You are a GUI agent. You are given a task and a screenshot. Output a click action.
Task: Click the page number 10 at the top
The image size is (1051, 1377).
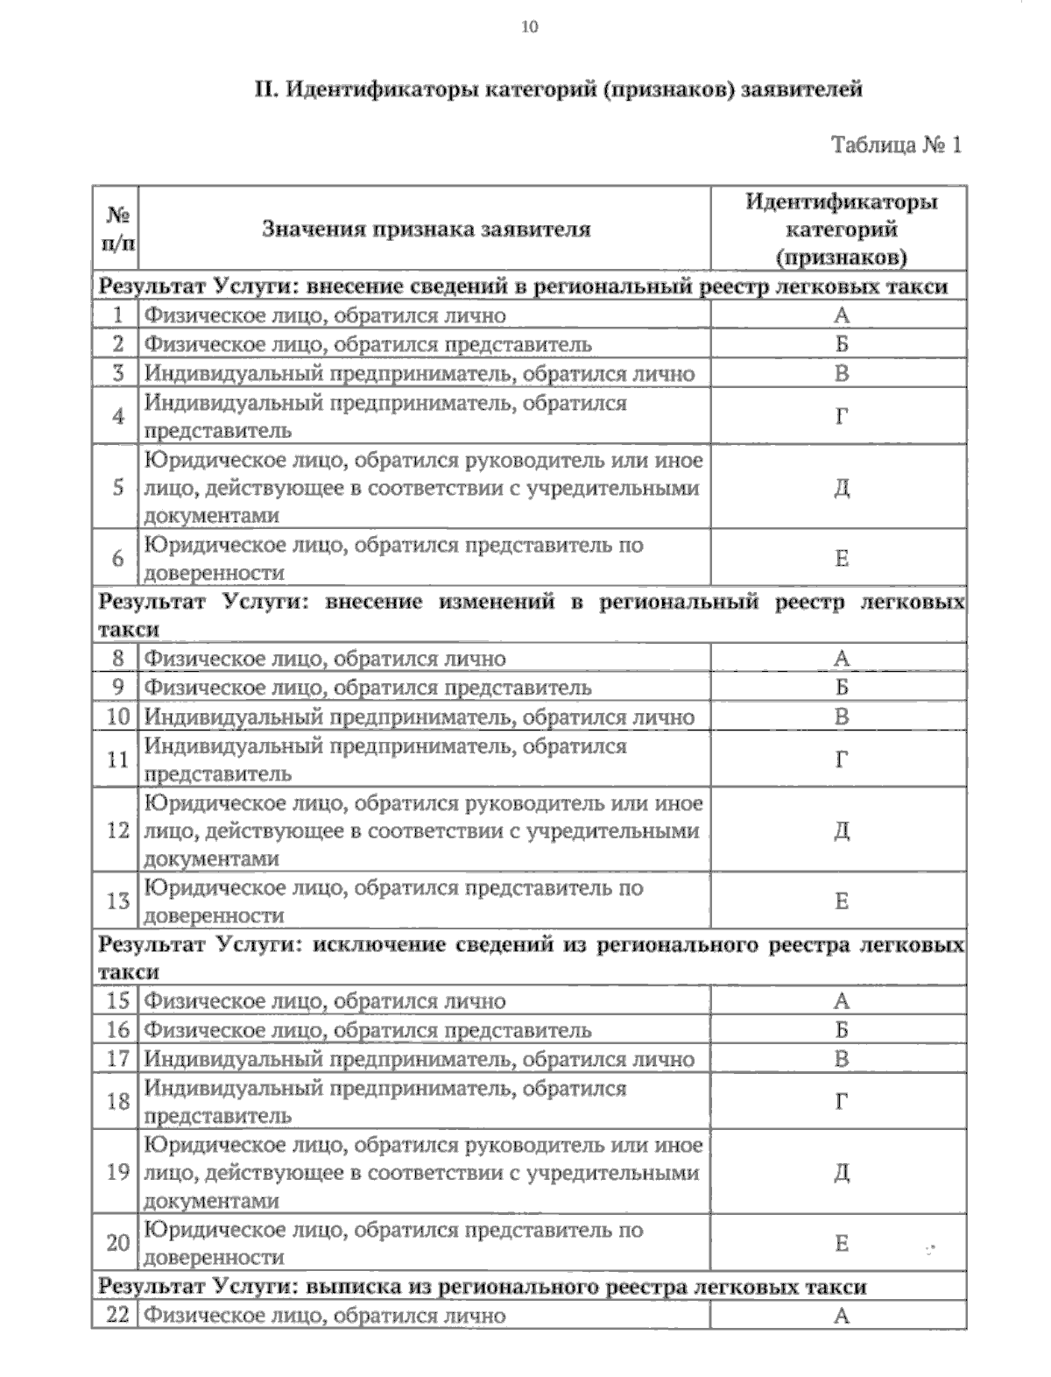(x=530, y=27)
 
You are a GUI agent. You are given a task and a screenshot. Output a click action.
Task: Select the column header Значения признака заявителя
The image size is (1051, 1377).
(x=427, y=229)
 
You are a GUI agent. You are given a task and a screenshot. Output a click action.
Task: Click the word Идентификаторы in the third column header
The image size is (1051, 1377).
(x=842, y=202)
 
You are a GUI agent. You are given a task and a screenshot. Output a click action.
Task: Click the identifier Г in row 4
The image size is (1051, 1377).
(x=842, y=417)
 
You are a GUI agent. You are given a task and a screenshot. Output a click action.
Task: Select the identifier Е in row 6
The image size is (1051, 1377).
(x=842, y=559)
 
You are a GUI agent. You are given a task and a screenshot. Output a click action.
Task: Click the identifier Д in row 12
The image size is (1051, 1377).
(x=842, y=830)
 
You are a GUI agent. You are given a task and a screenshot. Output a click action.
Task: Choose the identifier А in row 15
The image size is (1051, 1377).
(x=842, y=1001)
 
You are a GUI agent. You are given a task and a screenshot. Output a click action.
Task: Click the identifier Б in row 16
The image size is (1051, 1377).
(x=842, y=1030)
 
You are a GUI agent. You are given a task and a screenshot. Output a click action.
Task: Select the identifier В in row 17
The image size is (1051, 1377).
(x=842, y=1059)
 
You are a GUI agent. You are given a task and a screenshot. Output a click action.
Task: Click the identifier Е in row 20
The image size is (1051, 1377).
(x=842, y=1244)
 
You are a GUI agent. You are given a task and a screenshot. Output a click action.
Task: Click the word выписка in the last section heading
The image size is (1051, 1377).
(x=352, y=1287)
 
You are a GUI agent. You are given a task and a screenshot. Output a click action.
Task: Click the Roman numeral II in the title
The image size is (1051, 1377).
(x=265, y=89)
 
